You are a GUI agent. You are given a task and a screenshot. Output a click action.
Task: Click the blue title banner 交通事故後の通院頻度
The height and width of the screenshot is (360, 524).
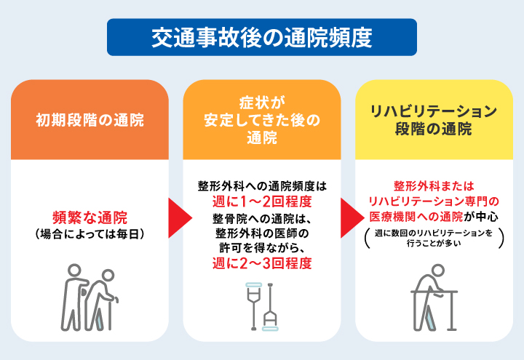tap(262, 36)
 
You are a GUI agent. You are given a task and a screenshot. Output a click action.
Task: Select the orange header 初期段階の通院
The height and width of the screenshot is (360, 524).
tap(90, 120)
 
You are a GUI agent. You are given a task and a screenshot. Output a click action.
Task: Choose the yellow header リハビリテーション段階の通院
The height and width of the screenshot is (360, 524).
tap(434, 120)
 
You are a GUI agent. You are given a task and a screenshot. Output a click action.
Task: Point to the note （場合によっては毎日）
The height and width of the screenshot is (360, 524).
tap(90, 233)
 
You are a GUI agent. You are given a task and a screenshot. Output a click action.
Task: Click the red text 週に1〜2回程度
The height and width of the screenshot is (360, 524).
tap(262, 201)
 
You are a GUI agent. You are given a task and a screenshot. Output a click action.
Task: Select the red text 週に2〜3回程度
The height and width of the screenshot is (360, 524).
tap(262, 263)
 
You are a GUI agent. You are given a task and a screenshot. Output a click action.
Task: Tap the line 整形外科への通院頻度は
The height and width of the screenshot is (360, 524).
tap(262, 185)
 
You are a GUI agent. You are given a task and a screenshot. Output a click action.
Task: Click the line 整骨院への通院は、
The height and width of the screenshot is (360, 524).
tap(262, 217)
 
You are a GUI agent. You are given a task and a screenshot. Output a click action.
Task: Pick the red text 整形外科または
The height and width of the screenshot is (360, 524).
tap(434, 185)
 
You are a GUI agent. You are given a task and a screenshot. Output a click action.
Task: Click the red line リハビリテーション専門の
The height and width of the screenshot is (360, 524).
tap(434, 201)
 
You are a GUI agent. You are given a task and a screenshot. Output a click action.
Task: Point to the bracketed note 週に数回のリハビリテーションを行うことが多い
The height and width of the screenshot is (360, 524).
tap(434, 239)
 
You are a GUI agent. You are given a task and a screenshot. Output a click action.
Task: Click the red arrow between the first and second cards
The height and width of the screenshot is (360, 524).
tap(175, 217)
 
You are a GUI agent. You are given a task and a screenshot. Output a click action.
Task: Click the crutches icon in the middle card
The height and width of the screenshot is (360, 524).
tap(262, 305)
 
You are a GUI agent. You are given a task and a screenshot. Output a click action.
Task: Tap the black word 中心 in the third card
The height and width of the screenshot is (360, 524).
tap(487, 217)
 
